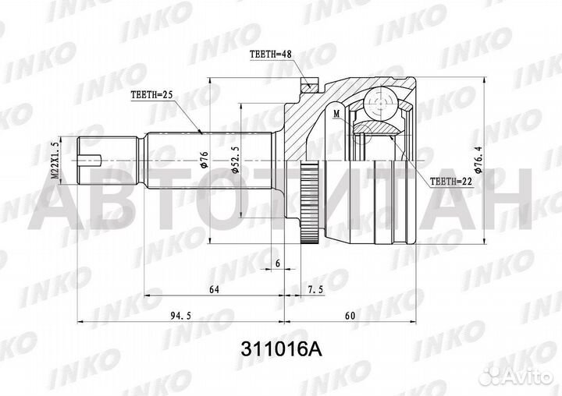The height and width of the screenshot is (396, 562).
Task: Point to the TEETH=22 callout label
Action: point(450,181)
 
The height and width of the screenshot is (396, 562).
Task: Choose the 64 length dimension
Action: point(213,290)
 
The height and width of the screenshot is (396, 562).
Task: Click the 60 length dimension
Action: point(350,317)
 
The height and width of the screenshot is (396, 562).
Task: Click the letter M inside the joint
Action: point(336,114)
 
